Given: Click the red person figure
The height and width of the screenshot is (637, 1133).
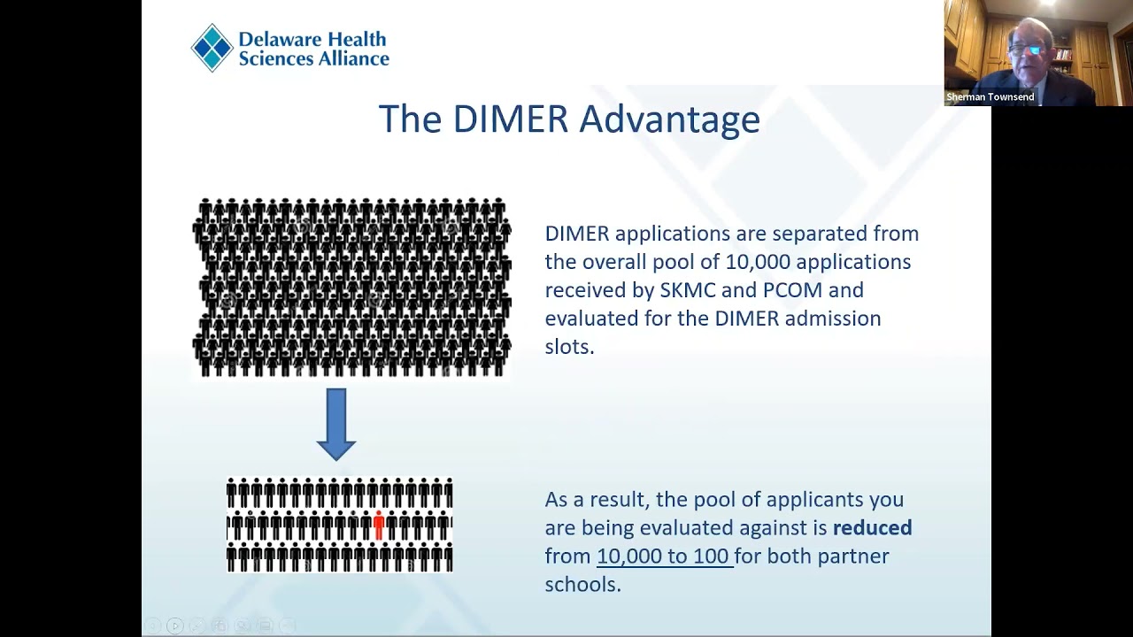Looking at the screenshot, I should click(379, 525).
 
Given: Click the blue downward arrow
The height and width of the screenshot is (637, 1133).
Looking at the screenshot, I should click(335, 424).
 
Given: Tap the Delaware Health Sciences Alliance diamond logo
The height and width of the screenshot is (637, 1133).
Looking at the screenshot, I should click(212, 48).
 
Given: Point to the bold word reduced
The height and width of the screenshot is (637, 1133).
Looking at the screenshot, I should click(872, 528).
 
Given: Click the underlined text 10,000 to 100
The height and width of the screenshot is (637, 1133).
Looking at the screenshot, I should click(664, 556).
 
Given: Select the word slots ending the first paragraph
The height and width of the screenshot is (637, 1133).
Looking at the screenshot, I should click(568, 347).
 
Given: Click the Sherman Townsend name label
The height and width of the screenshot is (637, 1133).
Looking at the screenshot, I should click(990, 97).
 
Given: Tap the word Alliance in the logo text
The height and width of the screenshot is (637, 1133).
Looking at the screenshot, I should click(353, 59).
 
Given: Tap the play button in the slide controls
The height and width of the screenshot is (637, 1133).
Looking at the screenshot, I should click(174, 626).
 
